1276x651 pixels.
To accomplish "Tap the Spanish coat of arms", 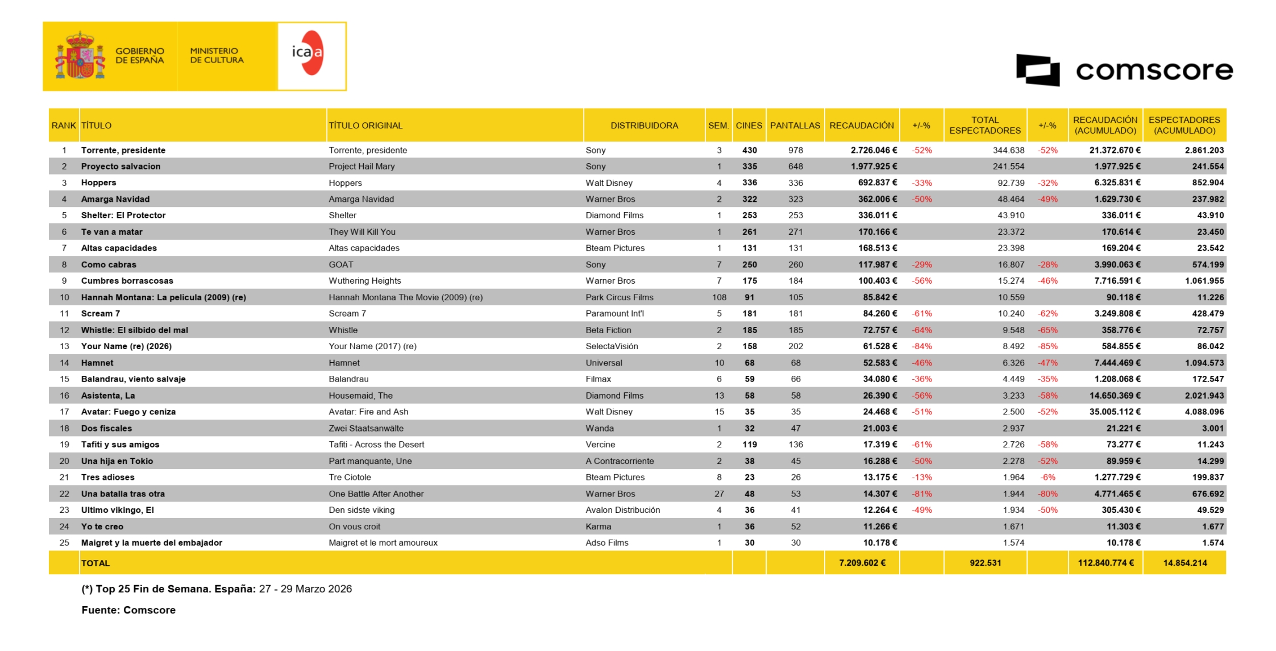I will tap(80, 56).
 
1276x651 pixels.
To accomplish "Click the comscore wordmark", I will tap(1154, 71).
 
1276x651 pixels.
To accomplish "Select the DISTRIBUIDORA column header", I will tap(644, 126).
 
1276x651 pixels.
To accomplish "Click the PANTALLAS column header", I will tap(795, 126).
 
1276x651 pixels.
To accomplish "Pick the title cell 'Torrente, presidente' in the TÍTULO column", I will tap(123, 151).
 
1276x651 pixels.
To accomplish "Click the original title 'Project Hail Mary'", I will tap(361, 167).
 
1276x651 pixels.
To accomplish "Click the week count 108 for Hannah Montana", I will tap(719, 297).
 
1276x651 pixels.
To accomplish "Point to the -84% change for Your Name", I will tap(921, 346).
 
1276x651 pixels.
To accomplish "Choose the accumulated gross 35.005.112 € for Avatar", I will tap(1115, 412).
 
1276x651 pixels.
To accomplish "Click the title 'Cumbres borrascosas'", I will tap(127, 281).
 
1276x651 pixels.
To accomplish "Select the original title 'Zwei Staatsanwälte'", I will tap(366, 429).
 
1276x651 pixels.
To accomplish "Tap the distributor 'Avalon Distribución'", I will tap(622, 511).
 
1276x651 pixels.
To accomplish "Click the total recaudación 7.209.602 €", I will tap(862, 563).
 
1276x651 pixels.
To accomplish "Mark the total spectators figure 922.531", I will tap(985, 563).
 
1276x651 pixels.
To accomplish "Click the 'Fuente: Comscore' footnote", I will tap(128, 611).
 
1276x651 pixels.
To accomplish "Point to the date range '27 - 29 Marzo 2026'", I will tap(305, 590).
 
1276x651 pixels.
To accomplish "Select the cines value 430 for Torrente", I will tap(749, 151).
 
